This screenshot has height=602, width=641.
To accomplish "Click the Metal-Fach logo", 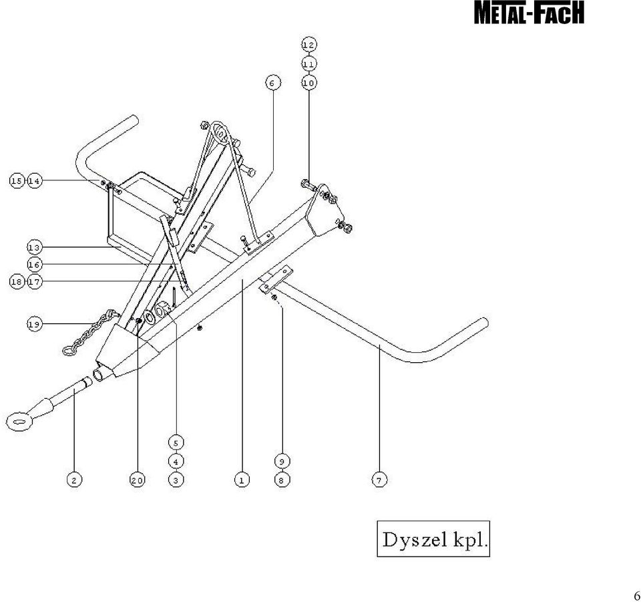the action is [x=529, y=12].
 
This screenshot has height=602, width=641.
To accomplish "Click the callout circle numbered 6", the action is [x=272, y=83].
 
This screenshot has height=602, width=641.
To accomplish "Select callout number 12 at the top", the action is [x=309, y=45].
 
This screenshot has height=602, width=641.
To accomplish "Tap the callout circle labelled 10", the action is [x=309, y=83].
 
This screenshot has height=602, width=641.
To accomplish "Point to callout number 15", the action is [x=17, y=181].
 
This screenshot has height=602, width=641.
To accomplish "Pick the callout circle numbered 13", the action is [x=35, y=247].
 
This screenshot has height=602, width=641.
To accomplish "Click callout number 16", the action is [x=35, y=265].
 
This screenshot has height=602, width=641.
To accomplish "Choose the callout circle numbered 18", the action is [x=17, y=282].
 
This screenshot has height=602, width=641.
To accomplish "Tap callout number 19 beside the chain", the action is [x=35, y=324].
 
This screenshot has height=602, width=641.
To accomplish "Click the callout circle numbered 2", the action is [x=74, y=480].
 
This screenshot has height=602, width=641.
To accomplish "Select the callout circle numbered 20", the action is [x=138, y=480].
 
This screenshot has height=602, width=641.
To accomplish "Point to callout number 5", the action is [x=176, y=443].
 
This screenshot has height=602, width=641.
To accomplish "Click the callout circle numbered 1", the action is [x=242, y=480].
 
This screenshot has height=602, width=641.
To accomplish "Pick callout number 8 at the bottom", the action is [x=282, y=480].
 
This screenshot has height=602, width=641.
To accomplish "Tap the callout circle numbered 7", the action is [x=379, y=480].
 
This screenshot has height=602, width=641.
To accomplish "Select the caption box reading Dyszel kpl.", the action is [x=433, y=539].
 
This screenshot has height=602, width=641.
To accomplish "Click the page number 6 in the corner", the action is [x=636, y=595].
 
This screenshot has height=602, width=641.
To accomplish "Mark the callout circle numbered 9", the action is [x=282, y=461].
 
